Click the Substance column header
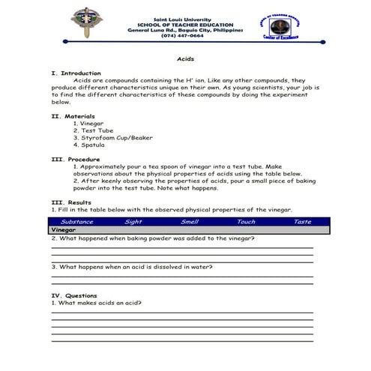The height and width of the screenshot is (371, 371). point(77,222)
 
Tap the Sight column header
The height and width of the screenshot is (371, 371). point(133,222)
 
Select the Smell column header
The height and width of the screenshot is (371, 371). point(190,222)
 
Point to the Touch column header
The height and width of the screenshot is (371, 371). point(246,222)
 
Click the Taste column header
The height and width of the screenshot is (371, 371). point(302,222)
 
